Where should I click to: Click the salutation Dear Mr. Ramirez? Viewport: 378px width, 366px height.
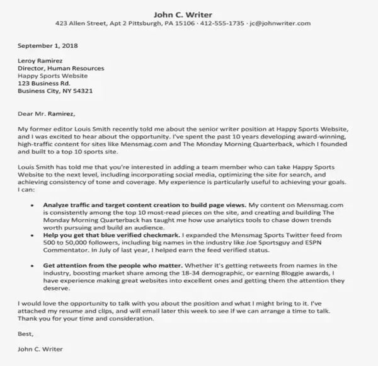pos(46,114)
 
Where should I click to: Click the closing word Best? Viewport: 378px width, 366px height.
pos(25,334)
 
